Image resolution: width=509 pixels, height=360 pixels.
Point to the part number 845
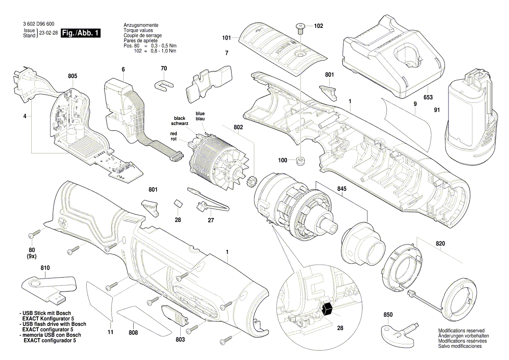342,190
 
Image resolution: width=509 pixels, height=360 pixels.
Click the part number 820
440,244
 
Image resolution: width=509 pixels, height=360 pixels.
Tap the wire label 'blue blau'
200,116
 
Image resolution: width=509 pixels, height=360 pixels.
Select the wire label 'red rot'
173,136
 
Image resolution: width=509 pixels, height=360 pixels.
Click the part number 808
133,333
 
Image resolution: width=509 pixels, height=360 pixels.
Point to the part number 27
211,220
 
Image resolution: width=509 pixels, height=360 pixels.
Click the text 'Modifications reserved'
460,331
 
